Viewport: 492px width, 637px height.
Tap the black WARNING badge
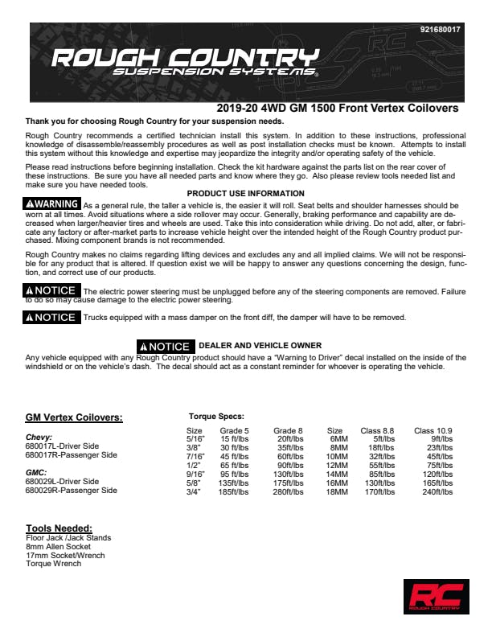click(x=53, y=204)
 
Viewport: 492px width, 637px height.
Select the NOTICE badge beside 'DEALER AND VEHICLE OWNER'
click(x=165, y=346)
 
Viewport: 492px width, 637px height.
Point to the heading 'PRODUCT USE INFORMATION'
click(x=245, y=194)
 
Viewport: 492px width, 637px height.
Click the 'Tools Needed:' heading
click(x=59, y=528)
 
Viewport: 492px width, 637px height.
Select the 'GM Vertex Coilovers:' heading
click(x=74, y=417)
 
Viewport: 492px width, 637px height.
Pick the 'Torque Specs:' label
click(x=216, y=417)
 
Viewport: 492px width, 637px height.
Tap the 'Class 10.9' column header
click(x=434, y=431)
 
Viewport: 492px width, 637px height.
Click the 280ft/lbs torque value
click(x=289, y=491)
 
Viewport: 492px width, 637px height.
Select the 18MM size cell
click(x=337, y=491)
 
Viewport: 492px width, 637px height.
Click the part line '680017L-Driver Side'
click(x=62, y=446)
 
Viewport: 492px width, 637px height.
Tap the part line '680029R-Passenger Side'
click(x=71, y=490)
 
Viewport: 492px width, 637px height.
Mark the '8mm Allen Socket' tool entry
click(x=58, y=546)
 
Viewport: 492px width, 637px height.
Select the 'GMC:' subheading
click(x=36, y=472)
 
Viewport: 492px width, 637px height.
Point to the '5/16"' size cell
click(x=195, y=439)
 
